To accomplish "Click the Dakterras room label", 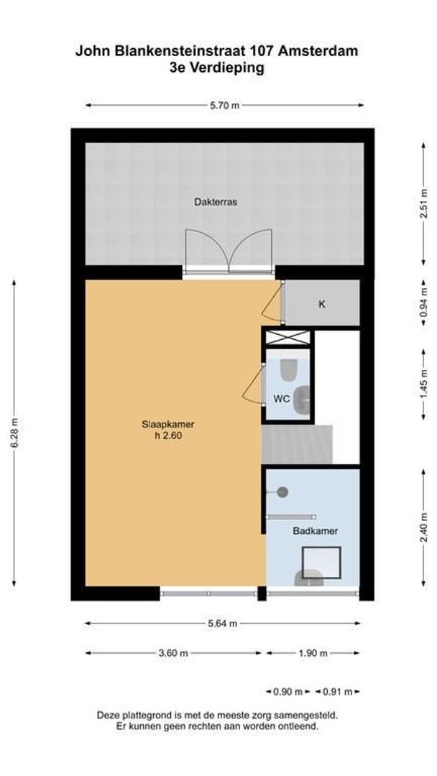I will pos(215,202).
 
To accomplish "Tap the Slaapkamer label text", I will pos(168,424).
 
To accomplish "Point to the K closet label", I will pos(322,304).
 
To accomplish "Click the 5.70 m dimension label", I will pos(224,105).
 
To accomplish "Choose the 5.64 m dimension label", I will pos(222,623).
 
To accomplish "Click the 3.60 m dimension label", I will pos(172,653).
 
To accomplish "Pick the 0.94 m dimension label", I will pos(423,302).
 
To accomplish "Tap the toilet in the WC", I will pos(289,371).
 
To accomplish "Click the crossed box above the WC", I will pos(287,337).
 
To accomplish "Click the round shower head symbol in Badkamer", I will pos(282,491).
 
